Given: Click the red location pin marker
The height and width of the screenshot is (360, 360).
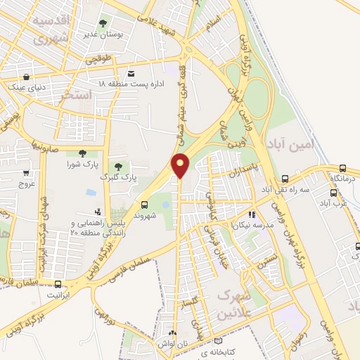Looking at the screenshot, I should click(x=181, y=165).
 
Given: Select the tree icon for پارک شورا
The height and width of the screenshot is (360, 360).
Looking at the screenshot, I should click(x=83, y=153).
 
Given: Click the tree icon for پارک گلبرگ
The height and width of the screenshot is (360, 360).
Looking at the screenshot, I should click(x=117, y=167).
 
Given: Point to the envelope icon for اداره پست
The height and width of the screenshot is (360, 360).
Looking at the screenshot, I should click(x=131, y=73).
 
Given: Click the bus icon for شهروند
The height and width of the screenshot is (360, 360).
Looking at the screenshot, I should click(x=145, y=205).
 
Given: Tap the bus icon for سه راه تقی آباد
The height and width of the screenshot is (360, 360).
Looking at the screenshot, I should click(x=284, y=179).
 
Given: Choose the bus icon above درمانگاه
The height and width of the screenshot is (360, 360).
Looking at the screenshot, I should click(x=342, y=168).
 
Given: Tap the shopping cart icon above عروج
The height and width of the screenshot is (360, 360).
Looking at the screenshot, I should click(x=26, y=173).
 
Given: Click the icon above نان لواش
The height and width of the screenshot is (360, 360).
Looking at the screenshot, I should click(x=173, y=330).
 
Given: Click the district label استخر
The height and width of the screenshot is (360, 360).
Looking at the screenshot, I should click(x=77, y=94).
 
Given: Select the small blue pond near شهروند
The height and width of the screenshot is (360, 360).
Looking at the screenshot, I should click(x=165, y=205).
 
